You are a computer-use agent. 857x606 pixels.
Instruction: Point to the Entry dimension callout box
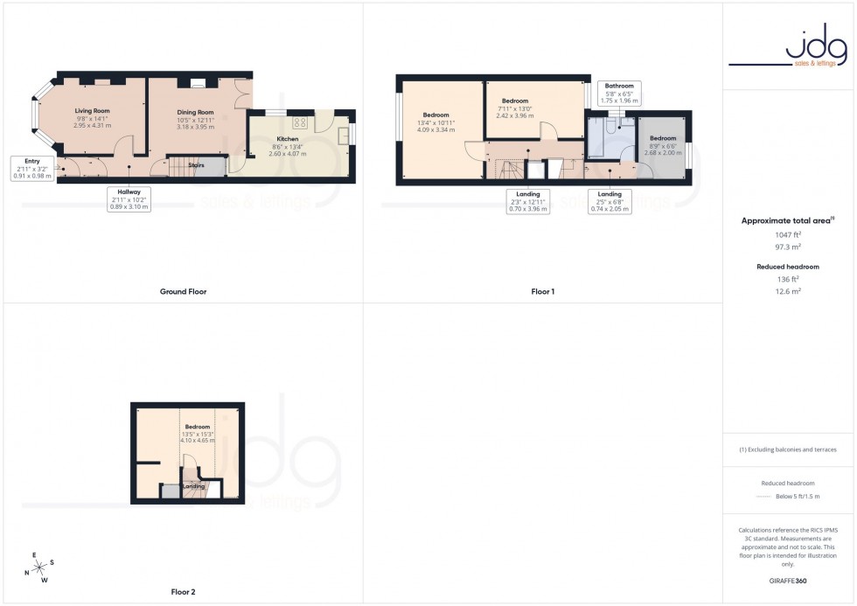pos(32,168)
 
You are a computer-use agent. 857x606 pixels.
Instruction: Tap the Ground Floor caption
pos(184,291)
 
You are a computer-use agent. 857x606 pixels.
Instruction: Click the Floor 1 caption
pos(542,291)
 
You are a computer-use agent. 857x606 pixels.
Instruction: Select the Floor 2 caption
pos(183,592)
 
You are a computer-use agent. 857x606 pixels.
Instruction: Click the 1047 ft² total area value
pos(789,234)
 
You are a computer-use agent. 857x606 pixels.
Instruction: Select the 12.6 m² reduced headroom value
pos(789,291)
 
